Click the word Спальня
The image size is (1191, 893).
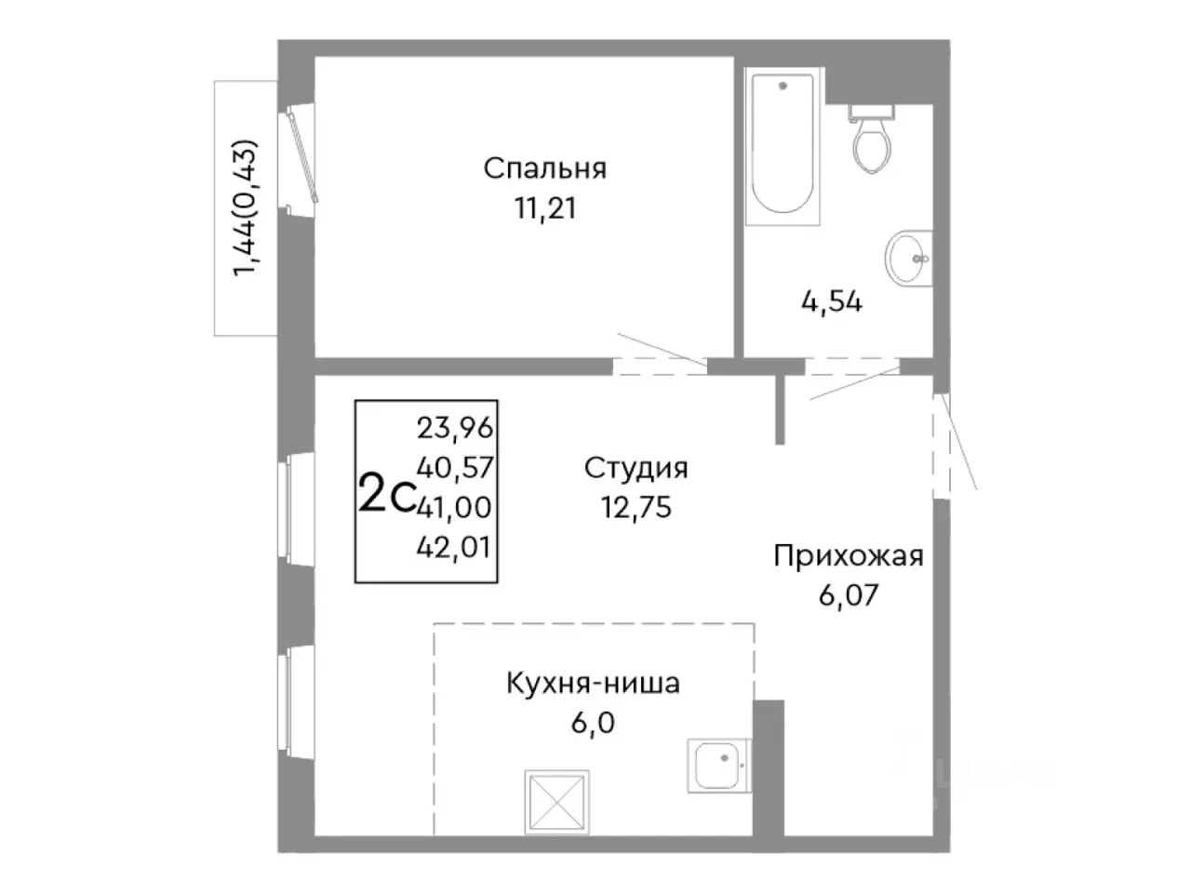[x=544, y=168]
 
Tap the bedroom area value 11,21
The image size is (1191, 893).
[x=544, y=208]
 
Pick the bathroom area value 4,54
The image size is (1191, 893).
[x=831, y=301]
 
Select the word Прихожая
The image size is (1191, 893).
[x=848, y=556]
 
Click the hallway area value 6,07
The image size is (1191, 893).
[x=848, y=595]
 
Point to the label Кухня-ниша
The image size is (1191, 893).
[x=593, y=684]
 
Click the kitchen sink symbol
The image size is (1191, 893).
[x=717, y=766]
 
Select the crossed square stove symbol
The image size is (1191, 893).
[x=556, y=801]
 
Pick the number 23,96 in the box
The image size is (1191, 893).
[x=455, y=428]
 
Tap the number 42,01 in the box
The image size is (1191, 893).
[x=455, y=547]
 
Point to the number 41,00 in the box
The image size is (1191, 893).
[x=455, y=507]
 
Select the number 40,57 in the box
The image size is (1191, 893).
[x=455, y=468]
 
